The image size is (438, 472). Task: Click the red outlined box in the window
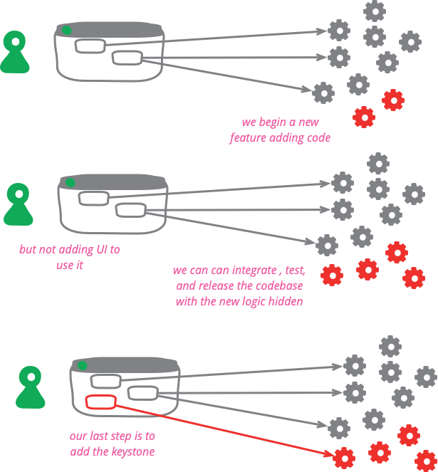(100, 402)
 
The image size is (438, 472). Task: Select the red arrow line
(221, 430)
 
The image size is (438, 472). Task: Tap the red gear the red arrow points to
(344, 456)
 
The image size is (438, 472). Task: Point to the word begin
(277, 122)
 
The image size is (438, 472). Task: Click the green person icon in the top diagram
(15, 52)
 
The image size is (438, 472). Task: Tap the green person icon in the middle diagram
(18, 204)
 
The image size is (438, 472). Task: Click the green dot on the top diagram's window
(66, 30)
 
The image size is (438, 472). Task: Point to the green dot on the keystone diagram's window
(82, 365)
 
